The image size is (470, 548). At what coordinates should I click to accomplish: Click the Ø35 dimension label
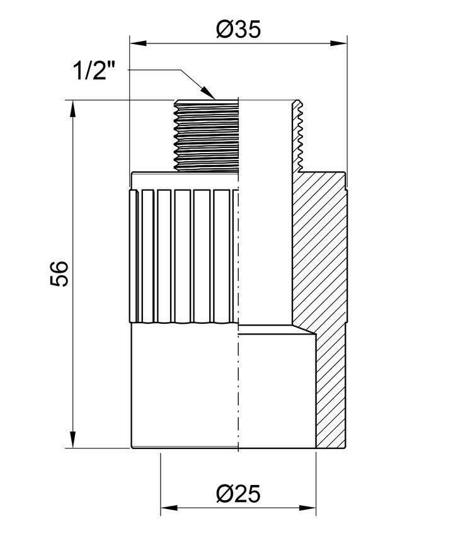[x=238, y=29]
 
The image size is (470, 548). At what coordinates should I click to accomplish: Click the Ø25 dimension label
[x=238, y=493]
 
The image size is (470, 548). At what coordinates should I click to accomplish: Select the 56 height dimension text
[x=59, y=273]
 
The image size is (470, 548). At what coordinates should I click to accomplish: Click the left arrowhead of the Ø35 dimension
[x=138, y=43]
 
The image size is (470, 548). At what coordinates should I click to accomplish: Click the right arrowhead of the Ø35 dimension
[x=338, y=43]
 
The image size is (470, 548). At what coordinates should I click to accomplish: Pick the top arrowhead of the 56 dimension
[x=72, y=109]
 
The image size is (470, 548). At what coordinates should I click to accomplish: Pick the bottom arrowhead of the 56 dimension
[x=72, y=439]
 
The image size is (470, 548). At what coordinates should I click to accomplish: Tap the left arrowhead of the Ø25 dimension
[x=169, y=508]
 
